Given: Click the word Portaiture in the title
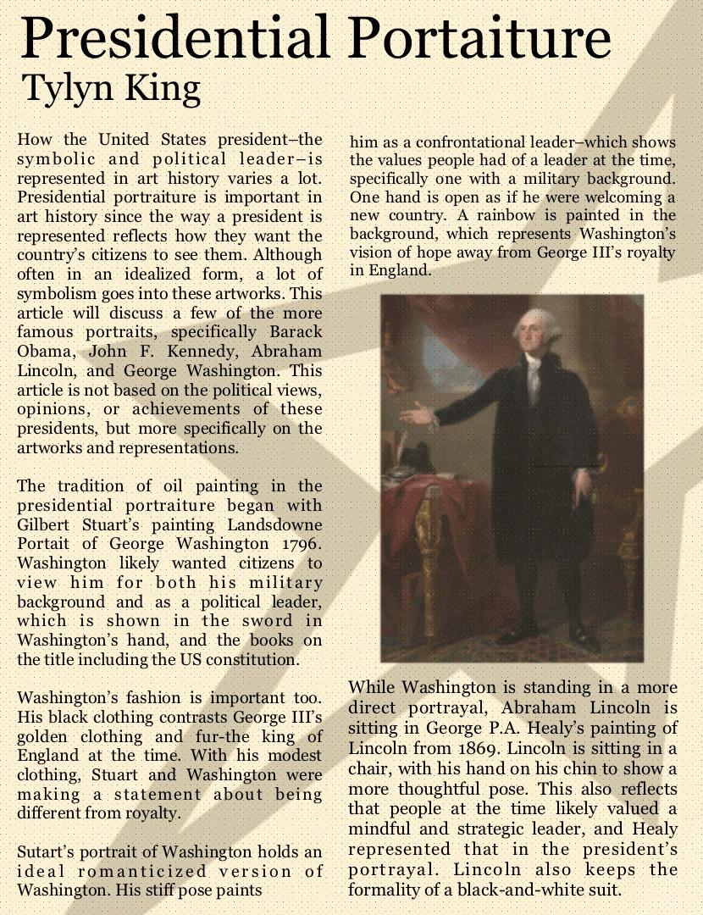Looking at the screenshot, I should coord(479,38).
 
